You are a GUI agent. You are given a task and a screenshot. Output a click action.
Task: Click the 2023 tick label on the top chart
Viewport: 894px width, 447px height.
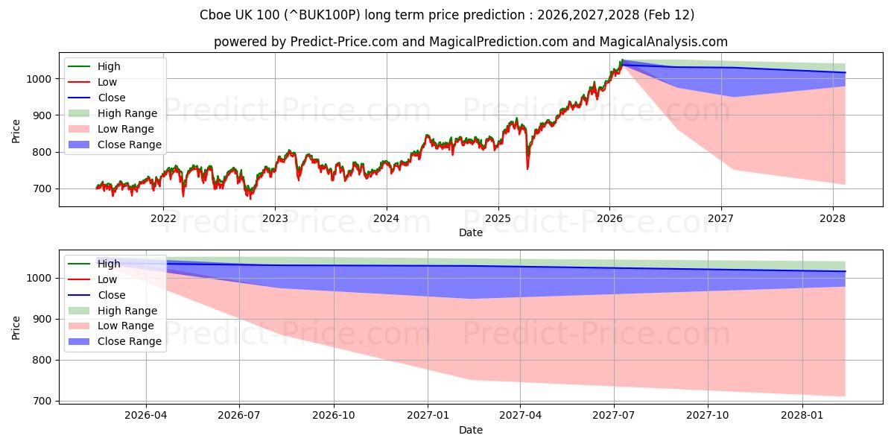pos(275,218)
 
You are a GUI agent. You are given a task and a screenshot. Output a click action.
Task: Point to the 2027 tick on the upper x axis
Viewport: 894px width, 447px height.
pos(720,218)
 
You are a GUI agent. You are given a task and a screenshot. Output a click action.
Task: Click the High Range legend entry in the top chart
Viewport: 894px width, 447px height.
pos(127,113)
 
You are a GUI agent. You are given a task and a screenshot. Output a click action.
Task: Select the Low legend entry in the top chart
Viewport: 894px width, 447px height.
pos(107,82)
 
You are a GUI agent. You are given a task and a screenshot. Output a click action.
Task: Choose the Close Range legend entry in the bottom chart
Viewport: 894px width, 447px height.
pos(130,341)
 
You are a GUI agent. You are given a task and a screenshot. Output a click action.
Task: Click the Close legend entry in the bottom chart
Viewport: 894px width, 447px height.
pos(112,295)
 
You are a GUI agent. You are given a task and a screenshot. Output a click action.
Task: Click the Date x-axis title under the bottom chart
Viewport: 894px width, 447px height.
pos(470,430)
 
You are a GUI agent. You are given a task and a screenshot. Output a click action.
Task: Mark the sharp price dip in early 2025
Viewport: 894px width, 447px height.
pos(527,168)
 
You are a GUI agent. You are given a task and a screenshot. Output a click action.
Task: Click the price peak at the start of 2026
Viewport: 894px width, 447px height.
pos(622,61)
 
